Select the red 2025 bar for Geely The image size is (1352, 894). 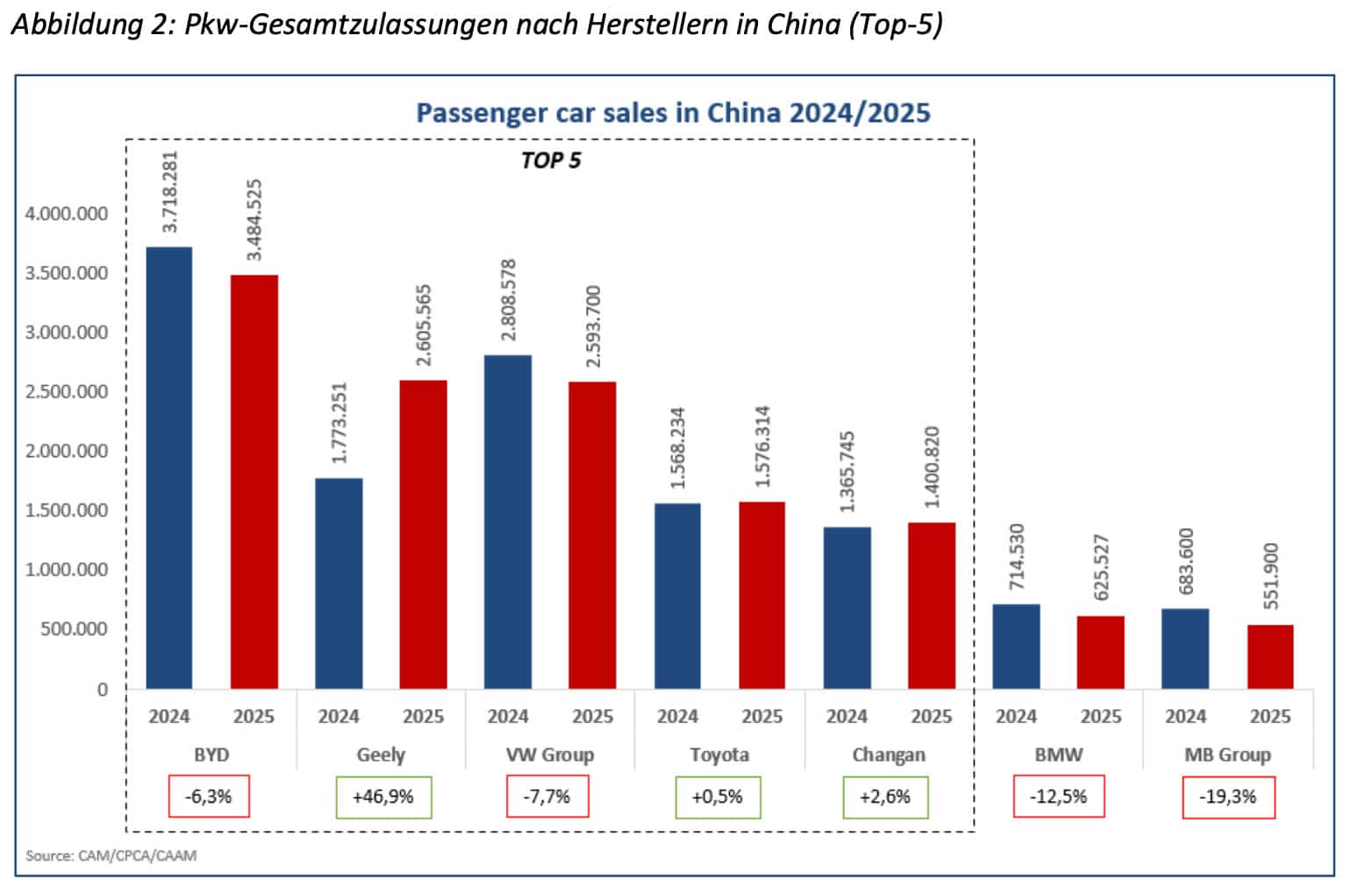tap(423, 534)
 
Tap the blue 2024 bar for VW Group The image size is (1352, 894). tap(507, 522)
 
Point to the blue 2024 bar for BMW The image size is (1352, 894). tap(1016, 646)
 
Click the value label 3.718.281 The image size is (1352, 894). tap(170, 191)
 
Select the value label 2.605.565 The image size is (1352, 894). tap(424, 325)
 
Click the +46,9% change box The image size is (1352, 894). tap(383, 797)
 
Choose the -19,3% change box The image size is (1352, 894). tap(1228, 797)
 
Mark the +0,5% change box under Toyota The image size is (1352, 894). tap(718, 797)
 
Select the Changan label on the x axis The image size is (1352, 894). tap(888, 755)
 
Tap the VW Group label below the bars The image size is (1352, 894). tap(550, 755)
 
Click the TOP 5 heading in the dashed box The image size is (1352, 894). tap(551, 161)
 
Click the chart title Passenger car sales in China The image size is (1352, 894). tap(673, 113)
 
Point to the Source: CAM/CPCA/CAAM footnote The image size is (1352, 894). tap(111, 855)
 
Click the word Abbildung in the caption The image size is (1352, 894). tap(68, 24)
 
